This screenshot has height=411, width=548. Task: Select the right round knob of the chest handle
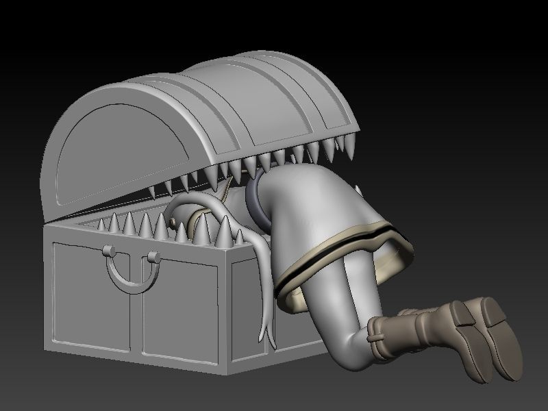click(152, 258)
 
